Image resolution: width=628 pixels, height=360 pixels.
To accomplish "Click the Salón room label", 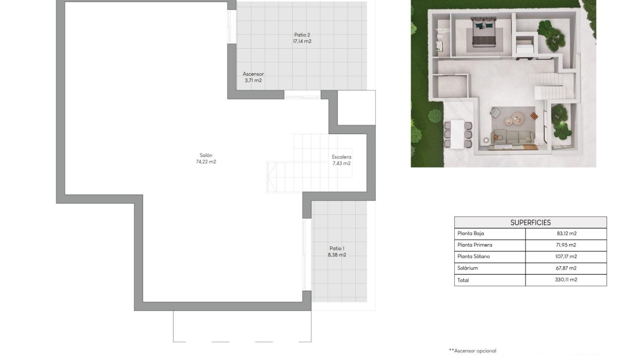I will [x=206, y=155].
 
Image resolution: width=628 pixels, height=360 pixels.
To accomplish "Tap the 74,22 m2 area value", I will [x=206, y=162].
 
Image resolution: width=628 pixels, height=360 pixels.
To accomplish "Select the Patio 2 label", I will [x=302, y=35].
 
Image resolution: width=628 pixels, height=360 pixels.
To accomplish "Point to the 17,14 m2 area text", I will [x=302, y=41].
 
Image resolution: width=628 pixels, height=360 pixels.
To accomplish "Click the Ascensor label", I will [x=253, y=74].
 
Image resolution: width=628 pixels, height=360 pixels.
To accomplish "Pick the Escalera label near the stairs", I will [x=341, y=157].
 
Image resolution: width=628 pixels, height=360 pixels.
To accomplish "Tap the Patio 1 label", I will [x=337, y=248].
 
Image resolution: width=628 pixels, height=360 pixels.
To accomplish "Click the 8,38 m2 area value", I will [x=337, y=255].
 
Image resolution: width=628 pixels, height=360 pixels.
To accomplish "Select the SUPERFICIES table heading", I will [x=530, y=222].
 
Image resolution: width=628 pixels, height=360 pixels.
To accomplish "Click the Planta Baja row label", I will [x=470, y=234].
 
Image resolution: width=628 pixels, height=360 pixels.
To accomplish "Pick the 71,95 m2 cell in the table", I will [x=566, y=245].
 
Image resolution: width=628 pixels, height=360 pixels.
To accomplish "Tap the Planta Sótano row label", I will [x=473, y=257].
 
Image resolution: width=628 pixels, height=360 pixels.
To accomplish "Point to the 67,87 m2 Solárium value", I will [x=566, y=268].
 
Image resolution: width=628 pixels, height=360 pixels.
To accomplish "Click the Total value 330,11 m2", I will [x=566, y=280].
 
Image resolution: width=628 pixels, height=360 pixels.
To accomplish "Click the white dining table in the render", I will [x=457, y=133].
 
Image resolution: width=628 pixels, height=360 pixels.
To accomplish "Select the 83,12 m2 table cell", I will [x=566, y=234].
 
